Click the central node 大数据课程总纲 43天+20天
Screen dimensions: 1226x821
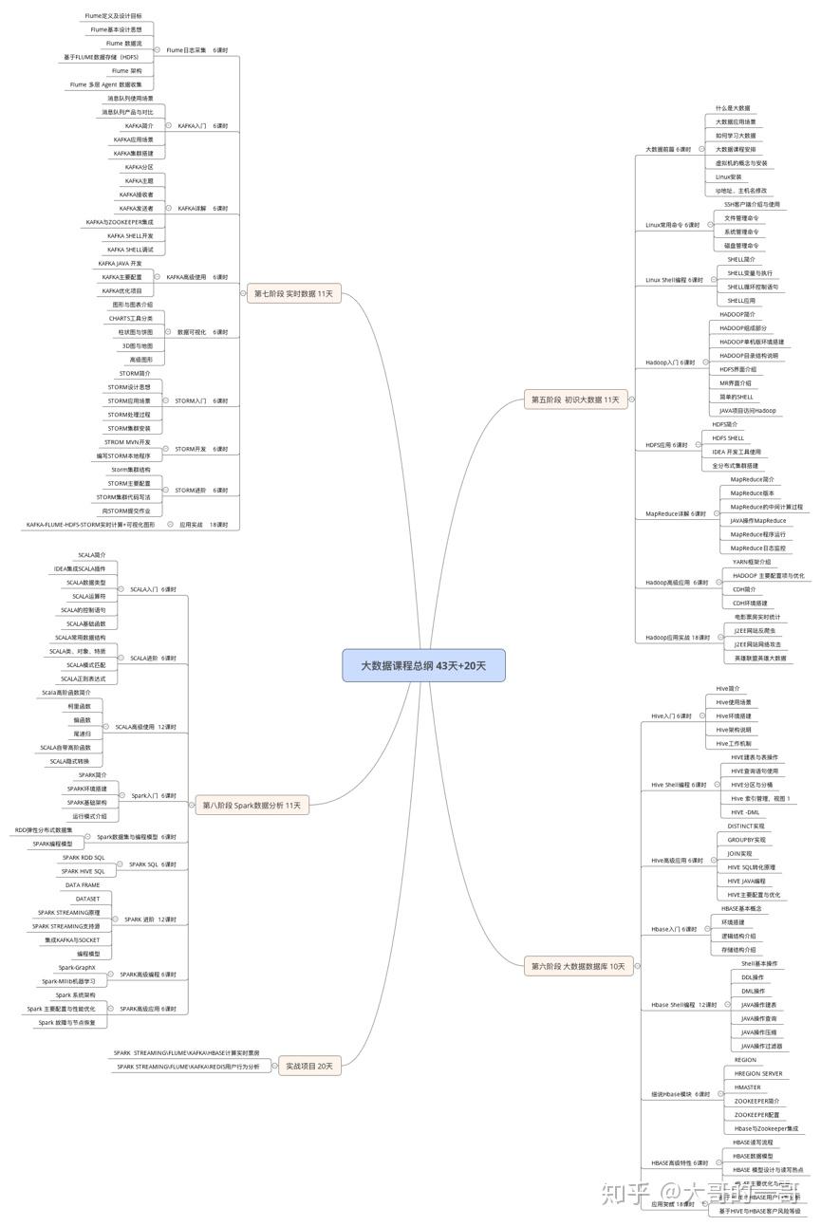click(x=423, y=665)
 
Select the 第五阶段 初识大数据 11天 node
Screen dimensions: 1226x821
click(x=574, y=399)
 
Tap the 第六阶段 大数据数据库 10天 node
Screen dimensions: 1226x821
click(x=578, y=966)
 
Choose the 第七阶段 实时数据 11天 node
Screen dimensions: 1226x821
click(x=293, y=293)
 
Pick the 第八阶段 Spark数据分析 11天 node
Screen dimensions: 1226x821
click(x=252, y=806)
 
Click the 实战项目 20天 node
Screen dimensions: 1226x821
click(x=310, y=1067)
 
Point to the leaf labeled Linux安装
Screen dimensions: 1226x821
click(x=729, y=176)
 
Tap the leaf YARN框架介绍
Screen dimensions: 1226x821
click(x=752, y=562)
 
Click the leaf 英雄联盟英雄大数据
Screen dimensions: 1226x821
click(x=760, y=658)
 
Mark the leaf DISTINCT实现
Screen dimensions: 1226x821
click(x=745, y=826)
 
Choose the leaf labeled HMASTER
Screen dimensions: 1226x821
click(x=748, y=1087)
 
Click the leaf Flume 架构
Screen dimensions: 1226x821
click(x=126, y=71)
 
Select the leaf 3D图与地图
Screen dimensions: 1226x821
click(x=137, y=346)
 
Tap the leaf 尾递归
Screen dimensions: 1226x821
click(x=83, y=734)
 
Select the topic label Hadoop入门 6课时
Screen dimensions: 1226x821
click(x=670, y=362)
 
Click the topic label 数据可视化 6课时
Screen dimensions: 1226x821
click(x=202, y=332)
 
